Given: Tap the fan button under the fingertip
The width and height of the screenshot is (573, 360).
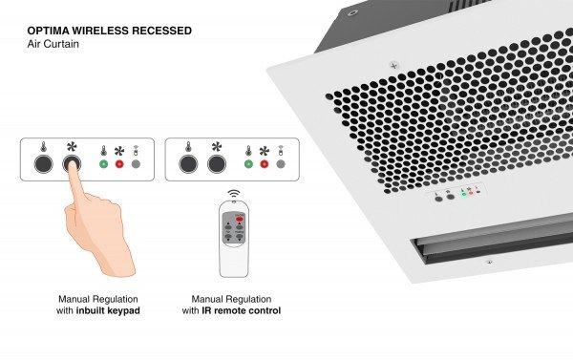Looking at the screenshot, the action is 71,164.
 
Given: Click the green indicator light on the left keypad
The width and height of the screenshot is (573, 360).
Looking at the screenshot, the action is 103,164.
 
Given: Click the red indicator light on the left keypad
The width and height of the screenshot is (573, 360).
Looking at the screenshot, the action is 119,164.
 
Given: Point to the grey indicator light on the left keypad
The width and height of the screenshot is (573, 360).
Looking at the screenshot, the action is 135,164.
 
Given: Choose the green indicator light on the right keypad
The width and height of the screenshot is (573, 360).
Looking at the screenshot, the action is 248,164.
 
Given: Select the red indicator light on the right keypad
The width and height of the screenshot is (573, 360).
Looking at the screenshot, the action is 265,164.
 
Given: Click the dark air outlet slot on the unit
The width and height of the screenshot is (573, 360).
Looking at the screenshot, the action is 486,248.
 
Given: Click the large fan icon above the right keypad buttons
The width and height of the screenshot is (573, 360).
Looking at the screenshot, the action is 216,148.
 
